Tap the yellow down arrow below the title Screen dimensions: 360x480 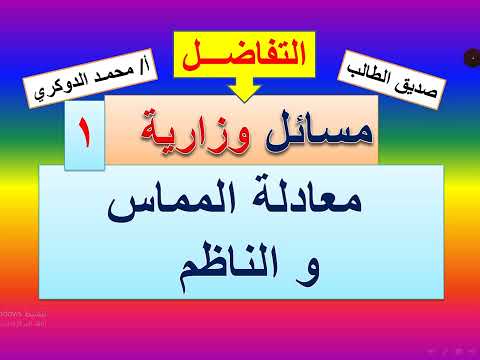(x=240, y=90)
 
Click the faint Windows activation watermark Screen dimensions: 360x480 (x=28, y=319)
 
